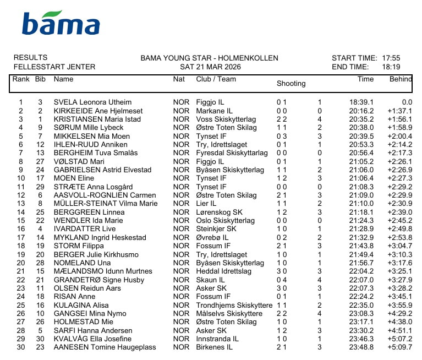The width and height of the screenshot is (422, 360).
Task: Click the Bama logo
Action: click(x=61, y=23)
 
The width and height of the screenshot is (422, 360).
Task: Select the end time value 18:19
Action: click(x=391, y=67)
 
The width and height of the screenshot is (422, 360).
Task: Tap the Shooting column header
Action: click(x=291, y=84)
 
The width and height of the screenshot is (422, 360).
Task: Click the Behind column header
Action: click(x=401, y=79)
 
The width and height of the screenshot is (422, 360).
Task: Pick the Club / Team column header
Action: click(x=216, y=79)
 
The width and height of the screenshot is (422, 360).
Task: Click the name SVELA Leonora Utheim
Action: click(x=92, y=102)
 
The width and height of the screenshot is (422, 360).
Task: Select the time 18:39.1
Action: click(x=361, y=102)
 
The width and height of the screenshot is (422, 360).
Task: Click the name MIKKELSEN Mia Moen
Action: click(x=91, y=137)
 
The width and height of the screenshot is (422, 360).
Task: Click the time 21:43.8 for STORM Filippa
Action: click(x=362, y=246)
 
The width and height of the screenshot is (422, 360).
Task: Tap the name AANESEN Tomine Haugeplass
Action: click(x=105, y=347)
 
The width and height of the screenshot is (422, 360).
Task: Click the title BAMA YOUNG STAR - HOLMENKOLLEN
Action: click(x=209, y=58)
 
